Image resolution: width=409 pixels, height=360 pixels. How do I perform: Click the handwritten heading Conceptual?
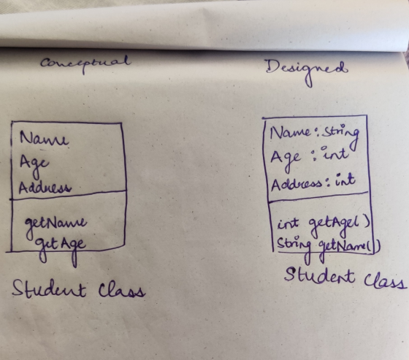[85, 64]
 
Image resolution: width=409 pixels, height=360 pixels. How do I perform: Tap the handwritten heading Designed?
[307, 71]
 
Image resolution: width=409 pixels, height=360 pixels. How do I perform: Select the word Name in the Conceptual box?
[44, 138]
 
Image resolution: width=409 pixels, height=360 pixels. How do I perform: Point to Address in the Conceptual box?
[45, 188]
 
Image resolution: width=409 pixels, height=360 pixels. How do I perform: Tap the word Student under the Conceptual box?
[49, 288]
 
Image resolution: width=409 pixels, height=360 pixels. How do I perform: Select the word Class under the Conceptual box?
[121, 290]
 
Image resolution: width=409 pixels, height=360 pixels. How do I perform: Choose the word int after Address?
[345, 180]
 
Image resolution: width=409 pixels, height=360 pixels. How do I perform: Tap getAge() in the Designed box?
[339, 226]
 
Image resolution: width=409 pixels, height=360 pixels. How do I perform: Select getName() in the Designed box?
[350, 248]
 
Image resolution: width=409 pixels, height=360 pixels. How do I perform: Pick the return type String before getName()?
[294, 248]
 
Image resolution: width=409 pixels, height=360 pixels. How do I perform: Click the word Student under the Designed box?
[319, 277]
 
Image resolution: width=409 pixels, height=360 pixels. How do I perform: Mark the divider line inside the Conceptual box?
[69, 195]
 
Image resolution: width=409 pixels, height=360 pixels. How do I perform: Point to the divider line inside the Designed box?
[318, 197]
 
